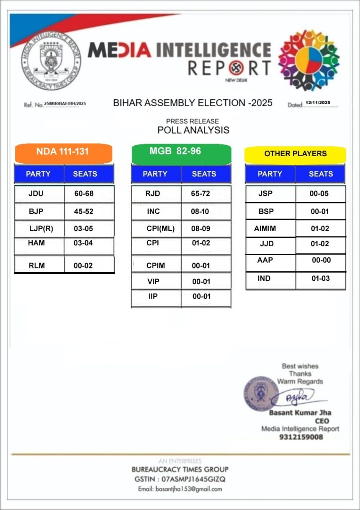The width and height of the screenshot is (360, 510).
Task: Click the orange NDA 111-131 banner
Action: (63, 152)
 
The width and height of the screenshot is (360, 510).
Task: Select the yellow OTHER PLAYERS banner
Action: (295, 154)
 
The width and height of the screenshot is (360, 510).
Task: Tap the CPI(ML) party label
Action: (160, 229)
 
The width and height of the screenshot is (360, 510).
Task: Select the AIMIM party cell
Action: (265, 229)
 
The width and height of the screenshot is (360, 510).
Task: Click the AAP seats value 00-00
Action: (321, 260)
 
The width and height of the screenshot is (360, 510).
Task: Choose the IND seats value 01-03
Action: (321, 278)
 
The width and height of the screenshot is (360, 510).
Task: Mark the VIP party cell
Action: (153, 281)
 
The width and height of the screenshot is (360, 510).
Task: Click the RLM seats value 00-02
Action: (83, 265)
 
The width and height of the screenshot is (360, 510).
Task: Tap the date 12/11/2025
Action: (318, 103)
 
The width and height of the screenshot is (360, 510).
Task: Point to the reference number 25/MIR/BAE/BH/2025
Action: (65, 103)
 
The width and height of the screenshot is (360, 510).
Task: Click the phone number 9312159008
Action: (301, 437)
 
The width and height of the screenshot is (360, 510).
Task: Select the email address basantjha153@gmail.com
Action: (180, 489)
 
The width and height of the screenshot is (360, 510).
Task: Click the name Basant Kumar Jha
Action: (300, 413)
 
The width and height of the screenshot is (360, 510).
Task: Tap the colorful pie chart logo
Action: (309, 60)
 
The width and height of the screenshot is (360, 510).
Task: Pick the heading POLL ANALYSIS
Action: (193, 130)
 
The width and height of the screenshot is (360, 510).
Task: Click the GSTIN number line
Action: (180, 479)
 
